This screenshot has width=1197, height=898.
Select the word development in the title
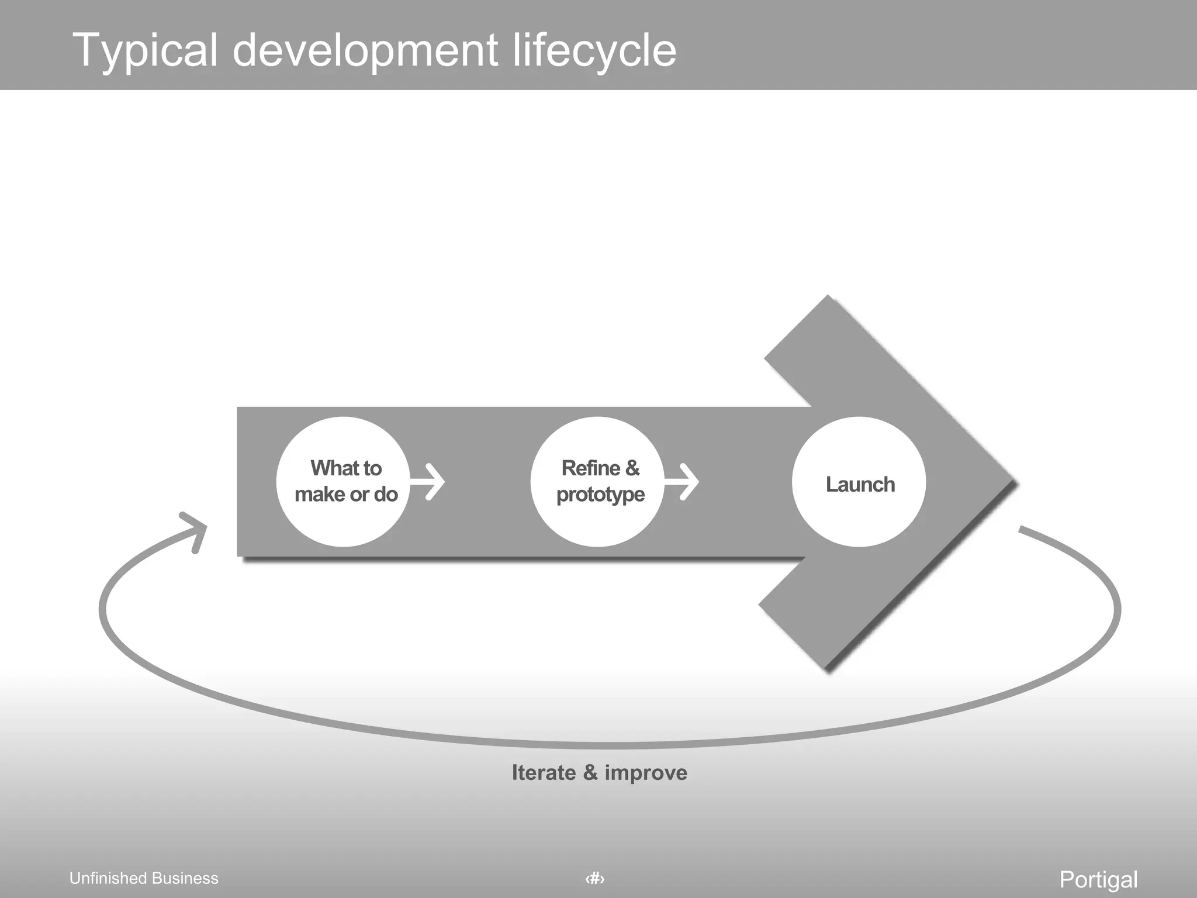pos(365,51)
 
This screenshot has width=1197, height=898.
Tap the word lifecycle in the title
pos(594,51)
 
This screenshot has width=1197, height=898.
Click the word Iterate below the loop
pos(544,773)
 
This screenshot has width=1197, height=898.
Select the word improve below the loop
pos(646,773)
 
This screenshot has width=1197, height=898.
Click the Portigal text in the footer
pos(1098,879)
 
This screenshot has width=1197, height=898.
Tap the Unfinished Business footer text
pos(144,878)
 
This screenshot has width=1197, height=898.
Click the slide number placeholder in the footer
pos(595,878)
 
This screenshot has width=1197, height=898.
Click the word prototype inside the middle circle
pos(600,495)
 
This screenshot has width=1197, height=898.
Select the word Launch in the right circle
pos(860,484)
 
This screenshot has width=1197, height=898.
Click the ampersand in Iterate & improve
pos(590,773)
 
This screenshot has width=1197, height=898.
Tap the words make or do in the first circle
pos(346,495)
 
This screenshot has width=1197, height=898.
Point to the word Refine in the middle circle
pos(590,468)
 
